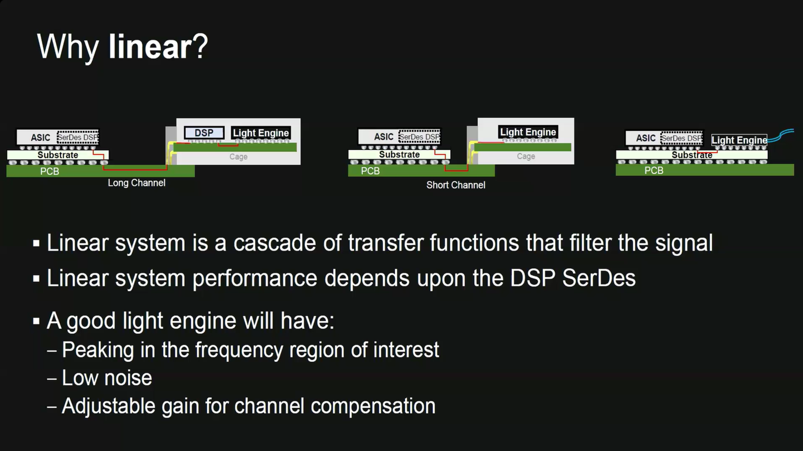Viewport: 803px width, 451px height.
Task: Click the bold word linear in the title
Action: coord(150,47)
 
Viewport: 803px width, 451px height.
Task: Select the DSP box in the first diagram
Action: coord(204,133)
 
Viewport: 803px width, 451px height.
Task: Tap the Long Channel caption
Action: coord(137,183)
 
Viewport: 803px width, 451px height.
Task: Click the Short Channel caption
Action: coord(456,185)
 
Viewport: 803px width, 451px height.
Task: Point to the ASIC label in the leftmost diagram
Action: coord(40,137)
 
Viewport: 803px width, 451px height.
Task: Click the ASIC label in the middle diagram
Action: coord(383,136)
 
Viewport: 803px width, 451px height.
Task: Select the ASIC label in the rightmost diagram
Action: coord(645,138)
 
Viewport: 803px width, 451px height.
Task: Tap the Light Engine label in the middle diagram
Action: coord(528,132)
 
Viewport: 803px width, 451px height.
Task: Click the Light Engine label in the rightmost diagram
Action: coord(739,140)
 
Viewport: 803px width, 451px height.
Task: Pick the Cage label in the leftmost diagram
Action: coord(238,157)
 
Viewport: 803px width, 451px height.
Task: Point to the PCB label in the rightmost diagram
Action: coord(653,170)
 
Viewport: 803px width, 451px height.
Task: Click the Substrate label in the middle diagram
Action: coord(399,154)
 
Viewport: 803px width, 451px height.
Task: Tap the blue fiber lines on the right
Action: coord(783,134)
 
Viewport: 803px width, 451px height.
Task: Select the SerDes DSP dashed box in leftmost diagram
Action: coord(78,137)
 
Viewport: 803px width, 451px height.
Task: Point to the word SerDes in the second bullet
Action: coord(598,278)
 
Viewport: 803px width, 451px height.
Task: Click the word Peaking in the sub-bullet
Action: coord(97,350)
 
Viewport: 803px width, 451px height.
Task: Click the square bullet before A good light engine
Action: coord(36,321)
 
